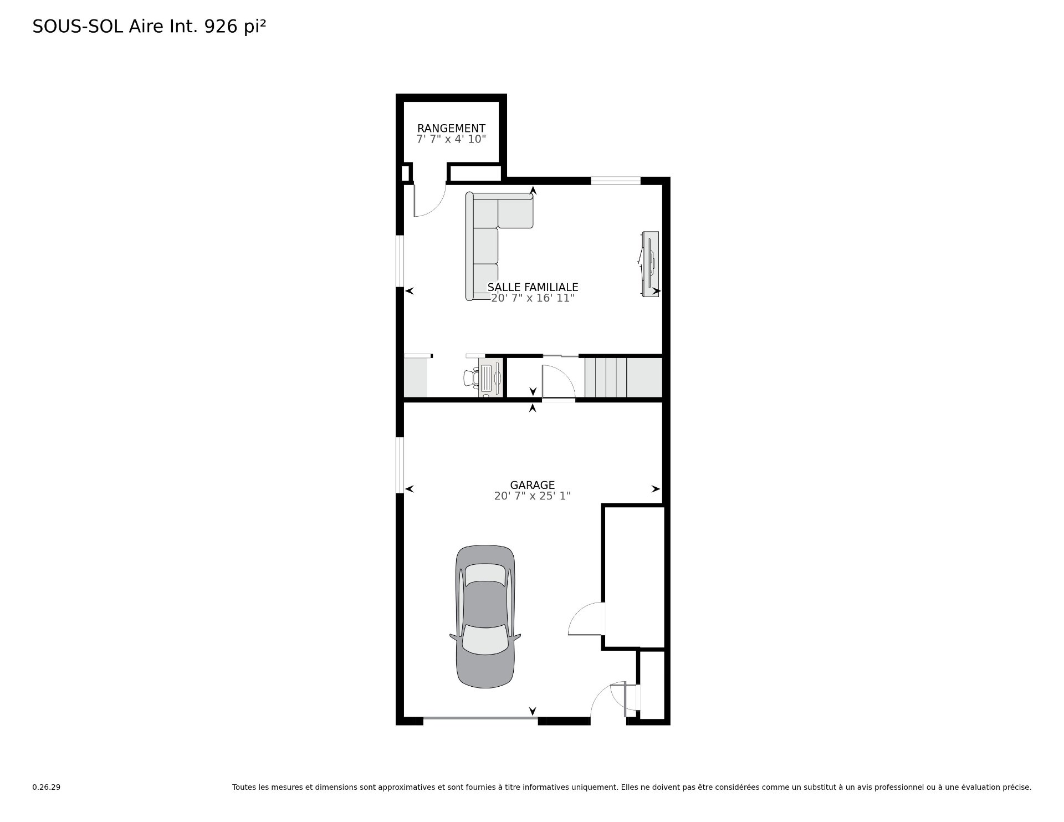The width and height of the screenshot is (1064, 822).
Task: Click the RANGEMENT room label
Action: pyautogui.click(x=451, y=129)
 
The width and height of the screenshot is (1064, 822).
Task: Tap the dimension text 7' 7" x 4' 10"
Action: pyautogui.click(x=451, y=139)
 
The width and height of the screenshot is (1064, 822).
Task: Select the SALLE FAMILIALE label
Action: pyautogui.click(x=533, y=287)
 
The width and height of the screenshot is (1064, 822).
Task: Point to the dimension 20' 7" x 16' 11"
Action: pyautogui.click(x=533, y=298)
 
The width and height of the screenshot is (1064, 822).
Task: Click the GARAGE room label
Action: pyautogui.click(x=533, y=485)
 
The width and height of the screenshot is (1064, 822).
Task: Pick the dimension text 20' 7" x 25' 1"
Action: pyautogui.click(x=533, y=496)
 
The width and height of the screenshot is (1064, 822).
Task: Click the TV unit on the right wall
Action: pyautogui.click(x=650, y=264)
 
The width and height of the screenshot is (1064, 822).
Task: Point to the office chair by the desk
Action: pyautogui.click(x=471, y=377)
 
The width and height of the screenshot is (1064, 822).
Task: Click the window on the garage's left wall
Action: pyautogui.click(x=399, y=464)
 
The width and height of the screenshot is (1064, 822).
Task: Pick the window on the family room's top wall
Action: pyautogui.click(x=615, y=180)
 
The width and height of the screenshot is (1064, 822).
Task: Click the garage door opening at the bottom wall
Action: pyautogui.click(x=480, y=719)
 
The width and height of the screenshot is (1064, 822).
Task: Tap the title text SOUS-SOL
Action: pyautogui.click(x=78, y=27)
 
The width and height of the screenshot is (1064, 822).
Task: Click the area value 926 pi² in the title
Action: pyautogui.click(x=236, y=27)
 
